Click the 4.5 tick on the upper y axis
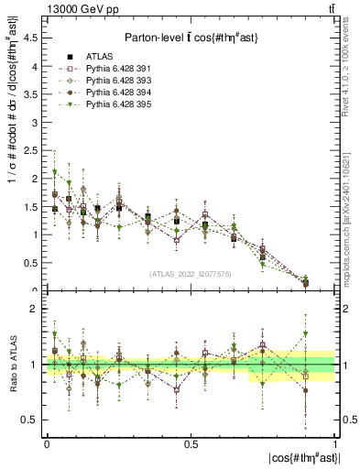[34, 38]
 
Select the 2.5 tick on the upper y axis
[34, 150]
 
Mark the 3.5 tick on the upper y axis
[34, 94]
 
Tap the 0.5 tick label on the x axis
[191, 443]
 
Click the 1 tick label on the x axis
[335, 443]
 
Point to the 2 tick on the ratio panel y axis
[36, 310]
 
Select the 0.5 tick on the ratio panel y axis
[34, 420]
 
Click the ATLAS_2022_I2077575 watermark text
[191, 274]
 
